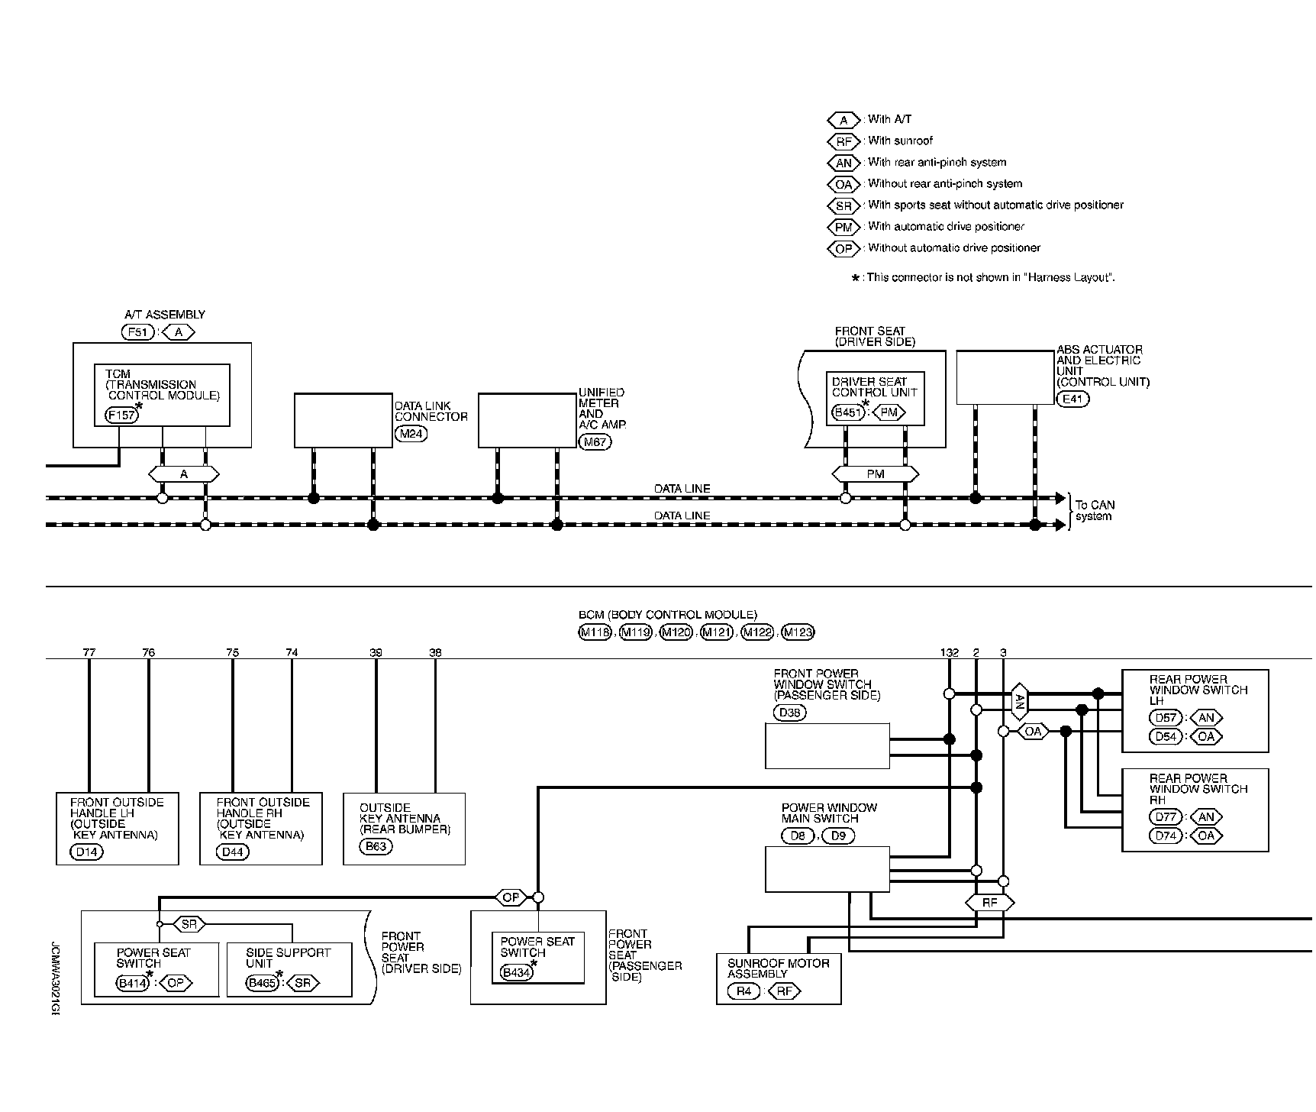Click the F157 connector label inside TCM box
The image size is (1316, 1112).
click(121, 415)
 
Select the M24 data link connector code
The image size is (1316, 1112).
click(411, 434)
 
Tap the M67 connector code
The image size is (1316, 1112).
click(595, 441)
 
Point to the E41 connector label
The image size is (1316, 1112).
click(1072, 399)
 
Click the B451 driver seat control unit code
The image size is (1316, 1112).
click(847, 413)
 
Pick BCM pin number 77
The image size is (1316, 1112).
click(89, 652)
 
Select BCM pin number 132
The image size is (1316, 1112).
click(949, 652)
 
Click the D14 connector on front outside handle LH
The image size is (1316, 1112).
click(86, 852)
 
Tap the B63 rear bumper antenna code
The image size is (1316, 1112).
click(376, 846)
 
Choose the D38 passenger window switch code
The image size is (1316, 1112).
click(789, 713)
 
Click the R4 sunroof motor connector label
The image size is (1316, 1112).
click(743, 992)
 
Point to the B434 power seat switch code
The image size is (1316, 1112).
click(516, 972)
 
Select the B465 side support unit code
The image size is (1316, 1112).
click(262, 983)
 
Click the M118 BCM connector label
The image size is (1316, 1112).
click(595, 632)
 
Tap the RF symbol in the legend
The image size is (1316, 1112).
click(843, 141)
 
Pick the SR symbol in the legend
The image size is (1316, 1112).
click(843, 205)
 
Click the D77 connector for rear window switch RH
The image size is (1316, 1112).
click(1166, 816)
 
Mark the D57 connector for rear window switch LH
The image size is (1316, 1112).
click(1166, 718)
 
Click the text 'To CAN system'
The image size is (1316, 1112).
click(1094, 510)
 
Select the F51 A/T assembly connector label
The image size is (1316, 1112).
click(138, 331)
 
